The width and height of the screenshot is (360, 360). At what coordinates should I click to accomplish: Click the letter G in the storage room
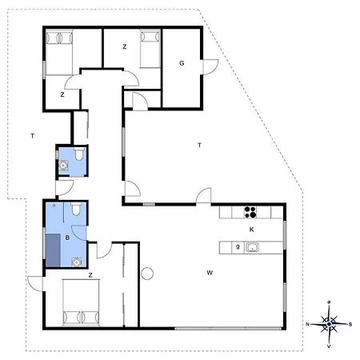tap(182, 63)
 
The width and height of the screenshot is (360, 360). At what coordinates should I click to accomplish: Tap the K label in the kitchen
tap(251, 230)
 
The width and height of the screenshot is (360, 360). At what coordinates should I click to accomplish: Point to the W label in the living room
tap(210, 273)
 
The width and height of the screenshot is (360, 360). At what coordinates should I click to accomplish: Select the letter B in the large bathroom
tap(67, 238)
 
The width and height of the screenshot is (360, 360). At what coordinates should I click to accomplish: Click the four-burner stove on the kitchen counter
tap(250, 212)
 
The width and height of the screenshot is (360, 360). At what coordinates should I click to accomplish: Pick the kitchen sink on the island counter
tap(252, 247)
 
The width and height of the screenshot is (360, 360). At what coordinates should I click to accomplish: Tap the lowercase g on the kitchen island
tap(238, 246)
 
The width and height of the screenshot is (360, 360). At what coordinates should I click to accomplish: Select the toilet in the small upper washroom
tap(79, 154)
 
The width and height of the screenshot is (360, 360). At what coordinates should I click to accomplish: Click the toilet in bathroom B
tap(76, 209)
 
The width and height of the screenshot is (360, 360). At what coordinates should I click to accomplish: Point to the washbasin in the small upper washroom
tap(63, 166)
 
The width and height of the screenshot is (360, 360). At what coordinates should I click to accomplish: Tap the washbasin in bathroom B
tap(77, 262)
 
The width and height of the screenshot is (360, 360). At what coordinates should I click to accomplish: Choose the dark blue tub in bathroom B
tap(53, 250)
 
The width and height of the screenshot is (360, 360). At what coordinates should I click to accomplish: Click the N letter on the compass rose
tap(307, 324)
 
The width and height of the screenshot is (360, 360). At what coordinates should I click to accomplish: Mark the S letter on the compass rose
tap(350, 325)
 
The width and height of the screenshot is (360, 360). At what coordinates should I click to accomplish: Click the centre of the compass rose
tap(329, 324)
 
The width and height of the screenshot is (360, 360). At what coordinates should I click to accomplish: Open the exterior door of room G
tap(210, 67)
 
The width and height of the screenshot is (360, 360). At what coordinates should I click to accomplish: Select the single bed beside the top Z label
tap(150, 48)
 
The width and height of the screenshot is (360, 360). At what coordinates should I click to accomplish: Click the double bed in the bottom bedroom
tap(81, 302)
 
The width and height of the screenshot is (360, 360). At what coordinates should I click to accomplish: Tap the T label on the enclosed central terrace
tap(199, 146)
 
